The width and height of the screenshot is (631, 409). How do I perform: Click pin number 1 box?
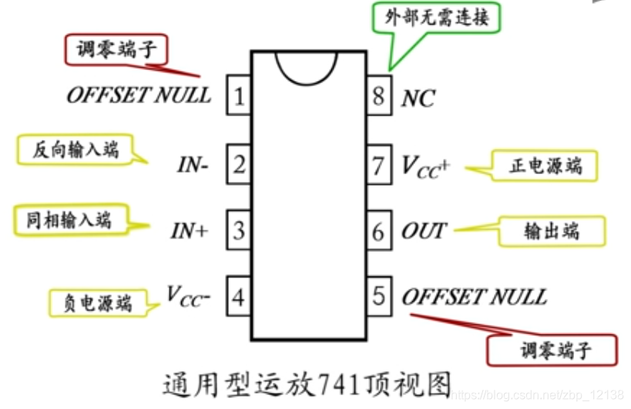point(239,96)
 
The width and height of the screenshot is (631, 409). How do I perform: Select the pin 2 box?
point(239,163)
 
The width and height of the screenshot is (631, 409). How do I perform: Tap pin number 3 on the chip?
point(239,230)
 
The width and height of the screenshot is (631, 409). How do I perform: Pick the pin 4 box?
point(239,296)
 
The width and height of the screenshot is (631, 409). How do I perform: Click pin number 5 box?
point(378,296)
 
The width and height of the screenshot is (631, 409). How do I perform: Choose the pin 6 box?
point(378,230)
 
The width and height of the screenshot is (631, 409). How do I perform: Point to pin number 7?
point(378,163)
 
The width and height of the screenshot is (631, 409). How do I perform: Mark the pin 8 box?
point(378,96)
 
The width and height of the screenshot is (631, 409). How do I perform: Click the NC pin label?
point(418,98)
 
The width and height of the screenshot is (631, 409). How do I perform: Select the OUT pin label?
point(423,230)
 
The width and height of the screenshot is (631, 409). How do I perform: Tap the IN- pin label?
point(193,164)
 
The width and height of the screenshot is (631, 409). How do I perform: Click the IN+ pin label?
point(190,230)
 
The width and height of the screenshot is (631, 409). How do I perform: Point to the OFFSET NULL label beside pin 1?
point(139,95)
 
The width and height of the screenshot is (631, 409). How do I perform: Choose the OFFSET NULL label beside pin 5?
point(474,297)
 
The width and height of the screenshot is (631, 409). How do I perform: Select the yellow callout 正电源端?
point(545,166)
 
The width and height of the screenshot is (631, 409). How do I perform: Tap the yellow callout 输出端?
point(552,231)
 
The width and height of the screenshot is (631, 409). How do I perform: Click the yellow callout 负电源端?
point(96,303)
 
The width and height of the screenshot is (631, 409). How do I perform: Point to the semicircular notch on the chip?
point(307,66)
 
